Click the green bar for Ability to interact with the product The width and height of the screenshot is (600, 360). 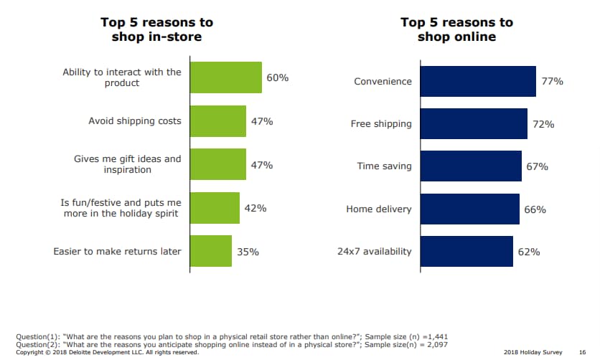(x=225, y=77)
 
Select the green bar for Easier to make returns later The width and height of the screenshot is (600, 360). (x=211, y=251)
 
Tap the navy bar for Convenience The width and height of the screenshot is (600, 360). (x=477, y=81)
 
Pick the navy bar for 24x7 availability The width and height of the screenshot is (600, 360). (x=467, y=251)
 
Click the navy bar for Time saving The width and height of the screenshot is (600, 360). (x=470, y=166)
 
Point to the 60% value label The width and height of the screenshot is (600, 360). (x=277, y=77)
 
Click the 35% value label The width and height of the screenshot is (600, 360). (x=248, y=252)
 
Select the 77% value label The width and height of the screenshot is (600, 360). (x=552, y=82)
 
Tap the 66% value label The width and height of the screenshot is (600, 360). (x=535, y=209)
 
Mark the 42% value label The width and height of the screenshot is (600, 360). (x=256, y=209)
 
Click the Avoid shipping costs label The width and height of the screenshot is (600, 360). (x=135, y=120)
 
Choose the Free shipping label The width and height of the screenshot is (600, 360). (x=381, y=124)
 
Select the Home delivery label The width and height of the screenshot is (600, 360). (x=379, y=209)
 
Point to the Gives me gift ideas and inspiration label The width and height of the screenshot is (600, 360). (x=128, y=164)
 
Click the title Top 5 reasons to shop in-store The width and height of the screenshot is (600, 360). (x=156, y=29)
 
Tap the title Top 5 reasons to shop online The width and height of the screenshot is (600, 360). (x=456, y=29)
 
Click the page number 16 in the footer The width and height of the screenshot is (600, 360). (x=582, y=352)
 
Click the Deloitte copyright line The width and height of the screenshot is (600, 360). (x=107, y=352)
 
